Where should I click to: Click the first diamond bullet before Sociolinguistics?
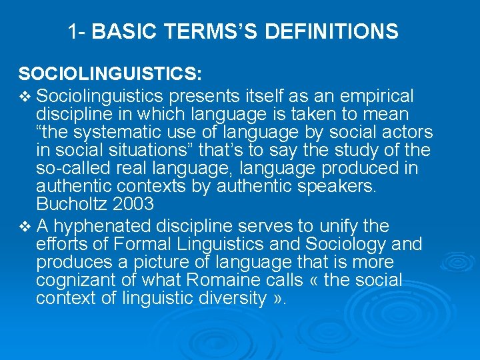point(25,97)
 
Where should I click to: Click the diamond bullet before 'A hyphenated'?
point(25,227)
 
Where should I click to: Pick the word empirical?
point(377,96)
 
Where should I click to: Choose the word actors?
point(406,133)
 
